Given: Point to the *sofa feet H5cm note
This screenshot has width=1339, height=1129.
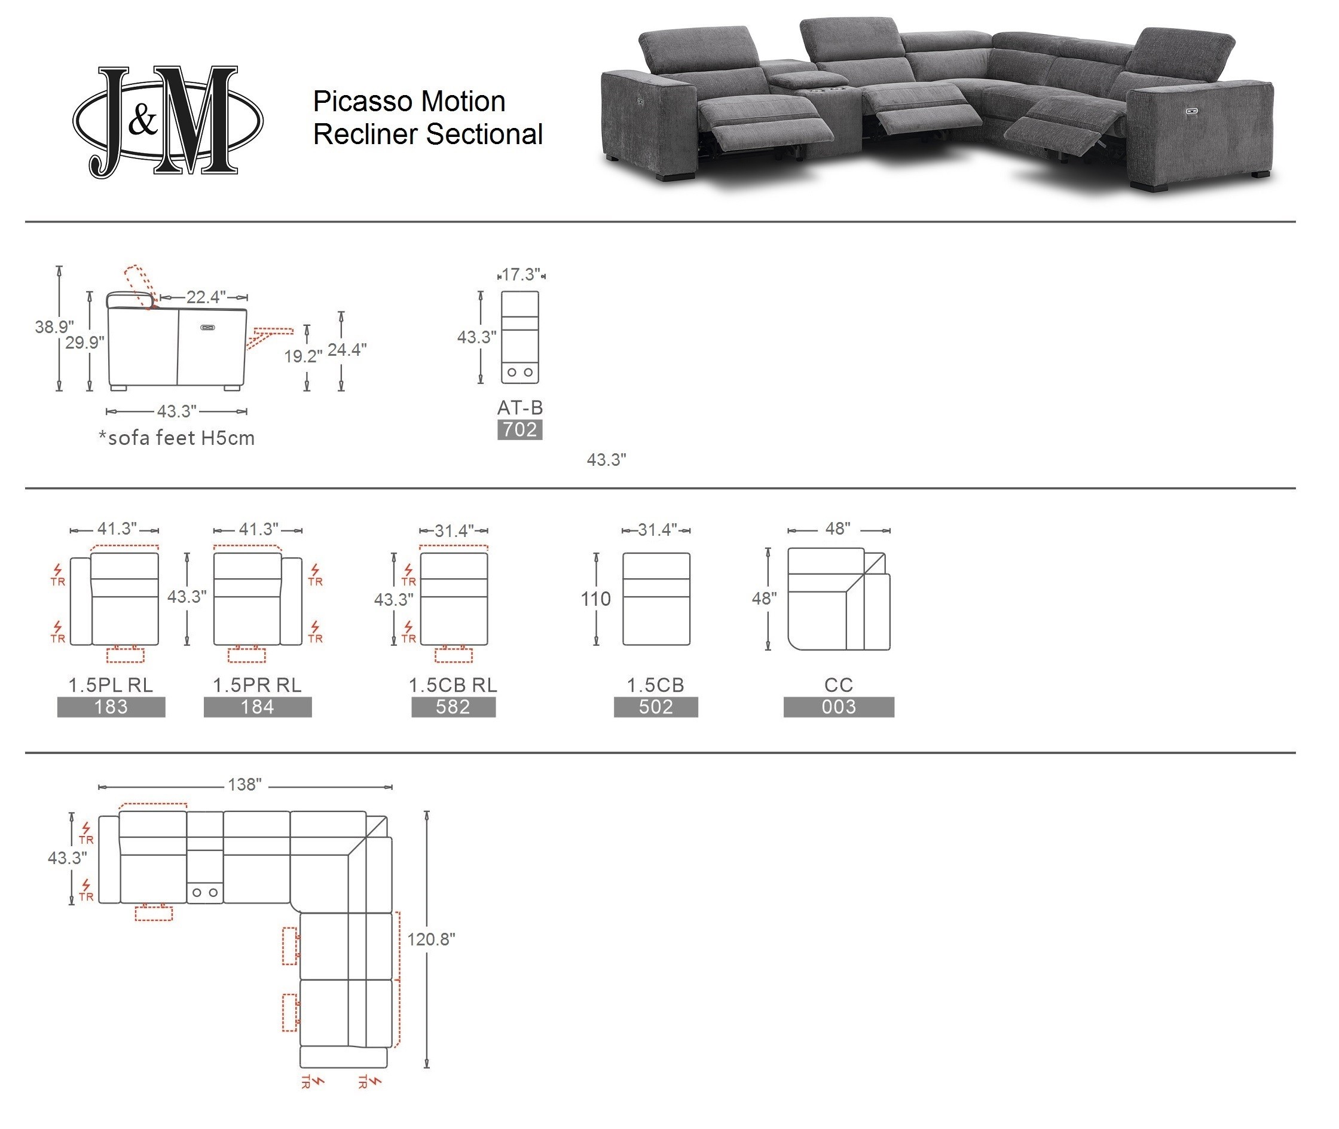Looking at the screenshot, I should point(176,438).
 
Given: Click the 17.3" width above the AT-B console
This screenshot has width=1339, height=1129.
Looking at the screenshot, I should point(521,274).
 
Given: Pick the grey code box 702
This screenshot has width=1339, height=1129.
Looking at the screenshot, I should point(519,429).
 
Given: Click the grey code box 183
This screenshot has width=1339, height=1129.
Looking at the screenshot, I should point(111,707).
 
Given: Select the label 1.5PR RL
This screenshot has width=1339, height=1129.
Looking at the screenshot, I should point(257,685).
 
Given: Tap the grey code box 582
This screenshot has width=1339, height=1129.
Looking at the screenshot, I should point(453,707).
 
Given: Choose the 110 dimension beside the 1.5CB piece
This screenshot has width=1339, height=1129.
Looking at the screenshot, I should point(595,599).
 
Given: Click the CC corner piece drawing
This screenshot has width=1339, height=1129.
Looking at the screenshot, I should point(838,599).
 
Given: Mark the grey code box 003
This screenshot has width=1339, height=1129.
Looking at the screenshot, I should point(838,707).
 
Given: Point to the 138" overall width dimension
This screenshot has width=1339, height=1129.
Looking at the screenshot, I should point(245,785).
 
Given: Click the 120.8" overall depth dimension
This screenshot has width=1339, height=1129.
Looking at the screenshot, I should point(432,939).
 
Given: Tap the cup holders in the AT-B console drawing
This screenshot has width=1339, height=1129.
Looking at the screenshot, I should point(519,372).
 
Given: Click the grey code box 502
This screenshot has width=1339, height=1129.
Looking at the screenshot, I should point(656,707).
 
